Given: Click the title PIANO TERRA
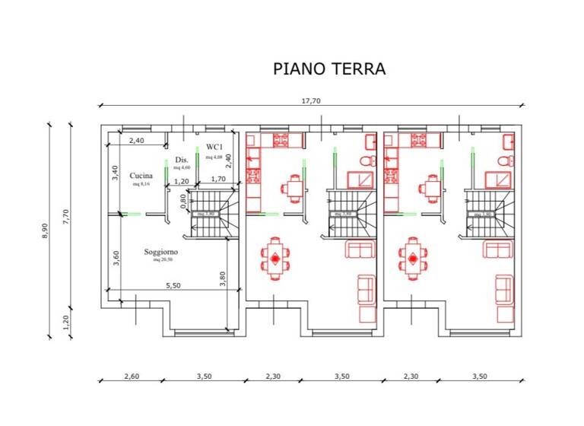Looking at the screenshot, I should pos(329,68).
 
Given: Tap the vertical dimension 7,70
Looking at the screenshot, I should pos(66,217).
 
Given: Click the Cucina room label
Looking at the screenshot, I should pos(141,175).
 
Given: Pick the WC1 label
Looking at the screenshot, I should pos(213,147).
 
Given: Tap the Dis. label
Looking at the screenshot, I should pos(181,160).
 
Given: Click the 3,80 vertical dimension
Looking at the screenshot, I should pos(222,279).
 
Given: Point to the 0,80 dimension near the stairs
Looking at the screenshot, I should pos(183,200).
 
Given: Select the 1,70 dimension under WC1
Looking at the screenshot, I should pos(217,180).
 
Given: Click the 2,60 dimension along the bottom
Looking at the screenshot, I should pos(130,376).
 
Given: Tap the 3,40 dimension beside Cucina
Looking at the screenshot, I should pos(116,172).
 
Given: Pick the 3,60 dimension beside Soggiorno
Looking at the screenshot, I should pos(116,259).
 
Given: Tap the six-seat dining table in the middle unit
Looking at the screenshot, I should pos(275,259).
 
